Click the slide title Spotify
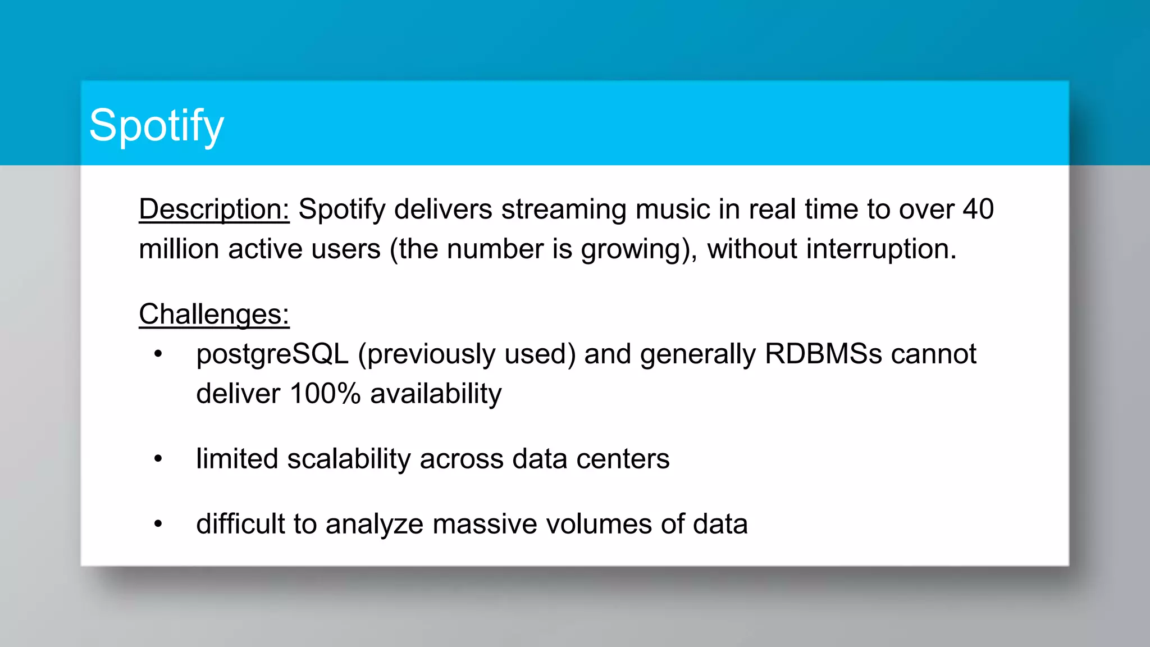(156, 126)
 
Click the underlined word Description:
(214, 209)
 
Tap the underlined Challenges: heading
(214, 314)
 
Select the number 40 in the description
(978, 209)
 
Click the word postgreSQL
(272, 354)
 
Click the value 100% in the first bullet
(325, 394)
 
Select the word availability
(436, 394)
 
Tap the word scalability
(349, 459)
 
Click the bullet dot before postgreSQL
(158, 354)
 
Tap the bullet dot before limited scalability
(158, 459)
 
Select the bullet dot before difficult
(158, 525)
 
